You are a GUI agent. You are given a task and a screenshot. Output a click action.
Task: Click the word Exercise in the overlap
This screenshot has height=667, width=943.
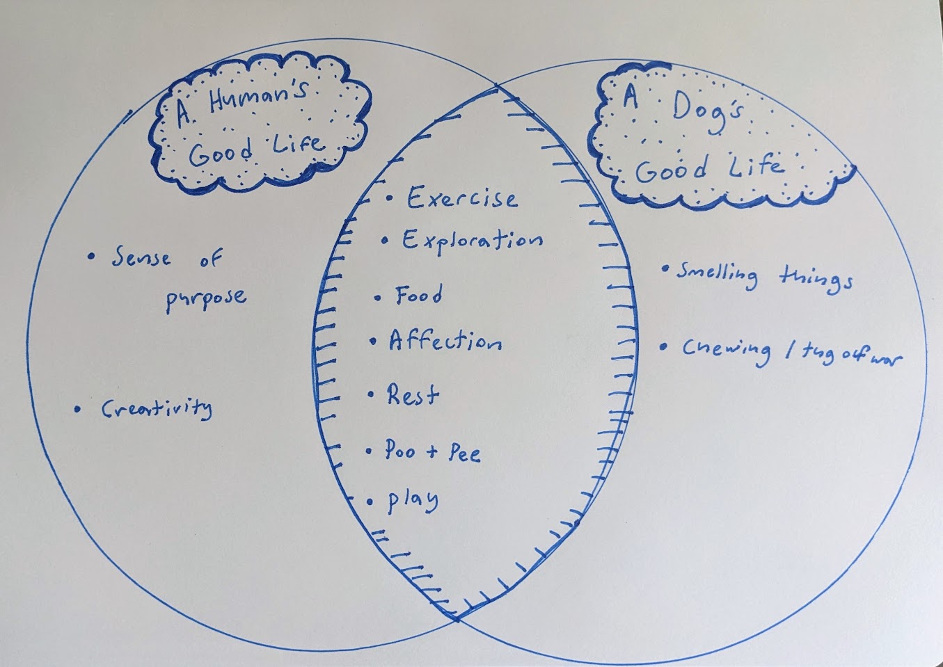(462, 198)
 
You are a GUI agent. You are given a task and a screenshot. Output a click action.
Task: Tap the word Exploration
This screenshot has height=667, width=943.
(473, 241)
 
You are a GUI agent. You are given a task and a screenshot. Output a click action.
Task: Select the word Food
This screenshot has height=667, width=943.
(418, 295)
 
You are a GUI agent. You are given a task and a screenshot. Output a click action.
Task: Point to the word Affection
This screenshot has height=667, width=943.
(445, 340)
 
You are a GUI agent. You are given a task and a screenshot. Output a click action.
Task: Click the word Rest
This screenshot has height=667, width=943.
(413, 395)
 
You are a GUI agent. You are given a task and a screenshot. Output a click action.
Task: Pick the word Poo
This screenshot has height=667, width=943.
(400, 450)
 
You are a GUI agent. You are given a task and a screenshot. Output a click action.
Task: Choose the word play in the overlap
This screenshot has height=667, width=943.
(413, 501)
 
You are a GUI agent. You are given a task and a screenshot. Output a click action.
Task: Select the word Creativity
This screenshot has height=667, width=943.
(157, 408)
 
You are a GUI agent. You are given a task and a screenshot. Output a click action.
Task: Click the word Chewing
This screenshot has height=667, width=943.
(727, 353)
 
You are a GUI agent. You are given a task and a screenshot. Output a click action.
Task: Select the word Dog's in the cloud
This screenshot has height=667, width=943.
(708, 111)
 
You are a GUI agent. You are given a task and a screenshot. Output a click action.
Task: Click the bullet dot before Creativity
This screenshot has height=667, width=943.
(77, 408)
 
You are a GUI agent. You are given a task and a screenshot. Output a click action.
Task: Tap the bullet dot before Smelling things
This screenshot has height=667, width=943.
(665, 268)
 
